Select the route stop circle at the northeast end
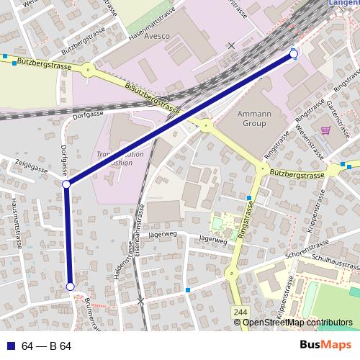(294, 54)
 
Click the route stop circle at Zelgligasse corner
(66, 185)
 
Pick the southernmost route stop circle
(71, 287)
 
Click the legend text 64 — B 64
(46, 346)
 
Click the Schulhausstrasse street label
(334, 263)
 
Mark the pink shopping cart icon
(325, 130)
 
